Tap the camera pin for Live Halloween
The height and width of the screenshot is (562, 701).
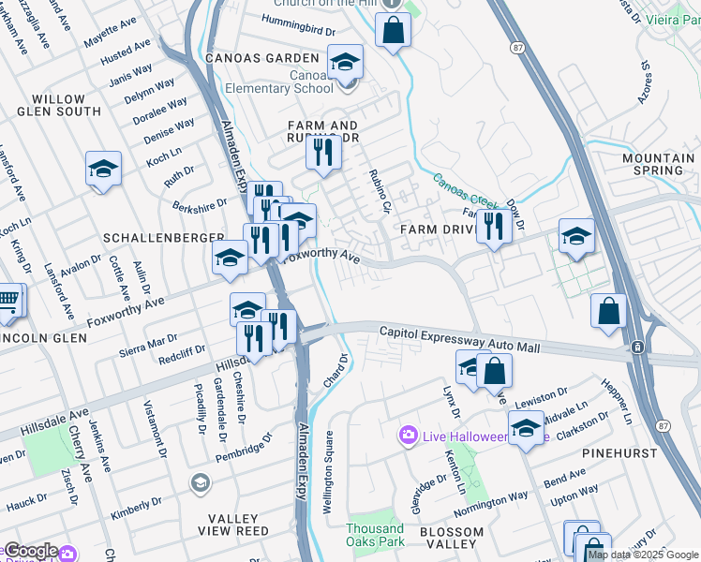pos(408,436)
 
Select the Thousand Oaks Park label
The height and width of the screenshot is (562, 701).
pos(375,535)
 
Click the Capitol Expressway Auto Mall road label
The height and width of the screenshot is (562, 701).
pos(459,340)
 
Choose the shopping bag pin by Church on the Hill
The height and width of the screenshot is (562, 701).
pos(393,29)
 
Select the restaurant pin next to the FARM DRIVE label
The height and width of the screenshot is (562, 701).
pos(492,227)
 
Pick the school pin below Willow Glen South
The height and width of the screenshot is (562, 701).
pos(103,170)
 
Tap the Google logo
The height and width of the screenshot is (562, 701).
pos(30,551)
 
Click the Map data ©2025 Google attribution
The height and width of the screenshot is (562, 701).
pos(643,555)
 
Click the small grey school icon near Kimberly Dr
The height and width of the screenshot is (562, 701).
pos(199,482)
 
